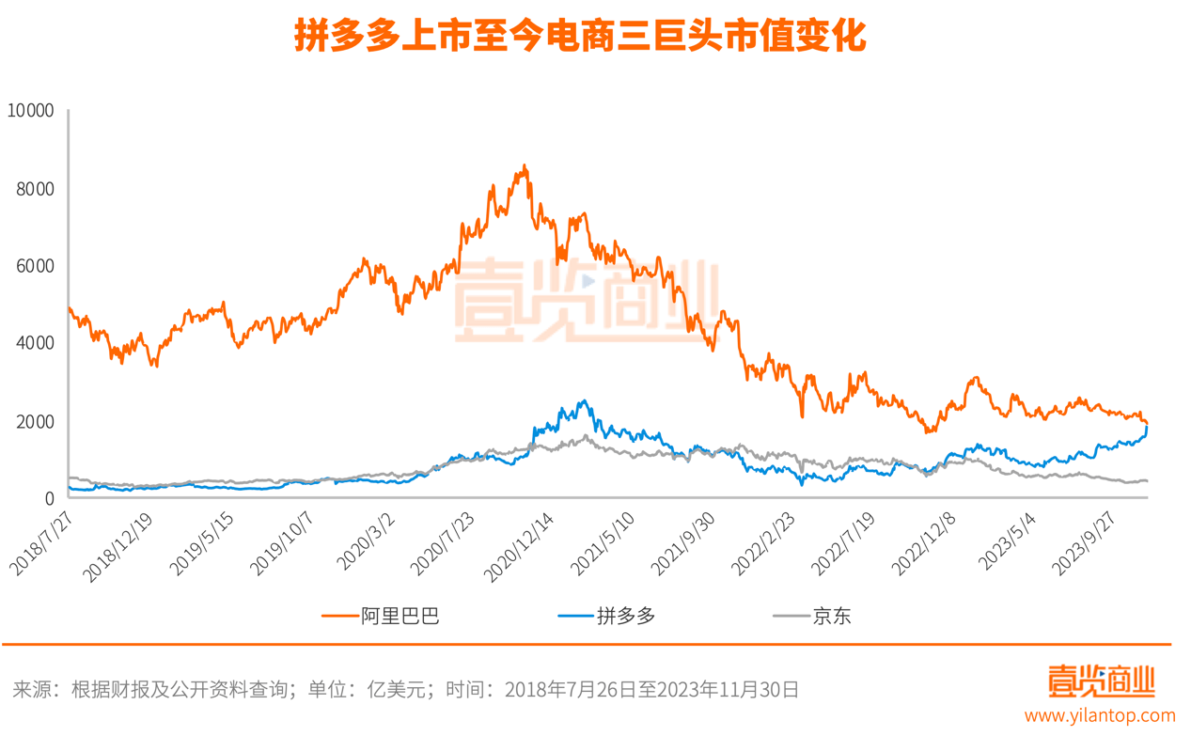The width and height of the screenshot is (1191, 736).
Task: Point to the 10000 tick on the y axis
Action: pos(30,111)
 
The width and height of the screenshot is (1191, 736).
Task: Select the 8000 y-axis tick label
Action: pos(36,189)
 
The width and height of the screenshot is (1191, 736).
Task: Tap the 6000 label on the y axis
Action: pos(36,267)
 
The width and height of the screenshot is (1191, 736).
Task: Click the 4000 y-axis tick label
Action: pos(36,344)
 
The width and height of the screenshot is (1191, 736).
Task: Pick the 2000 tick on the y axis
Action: pos(36,422)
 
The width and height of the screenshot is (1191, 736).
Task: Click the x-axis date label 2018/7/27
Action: pos(43,542)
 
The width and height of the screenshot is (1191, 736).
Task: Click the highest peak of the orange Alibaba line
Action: pos(525,166)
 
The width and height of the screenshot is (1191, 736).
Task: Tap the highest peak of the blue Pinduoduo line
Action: pos(585,401)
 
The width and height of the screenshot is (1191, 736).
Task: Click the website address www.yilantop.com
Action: pos(1109,716)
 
